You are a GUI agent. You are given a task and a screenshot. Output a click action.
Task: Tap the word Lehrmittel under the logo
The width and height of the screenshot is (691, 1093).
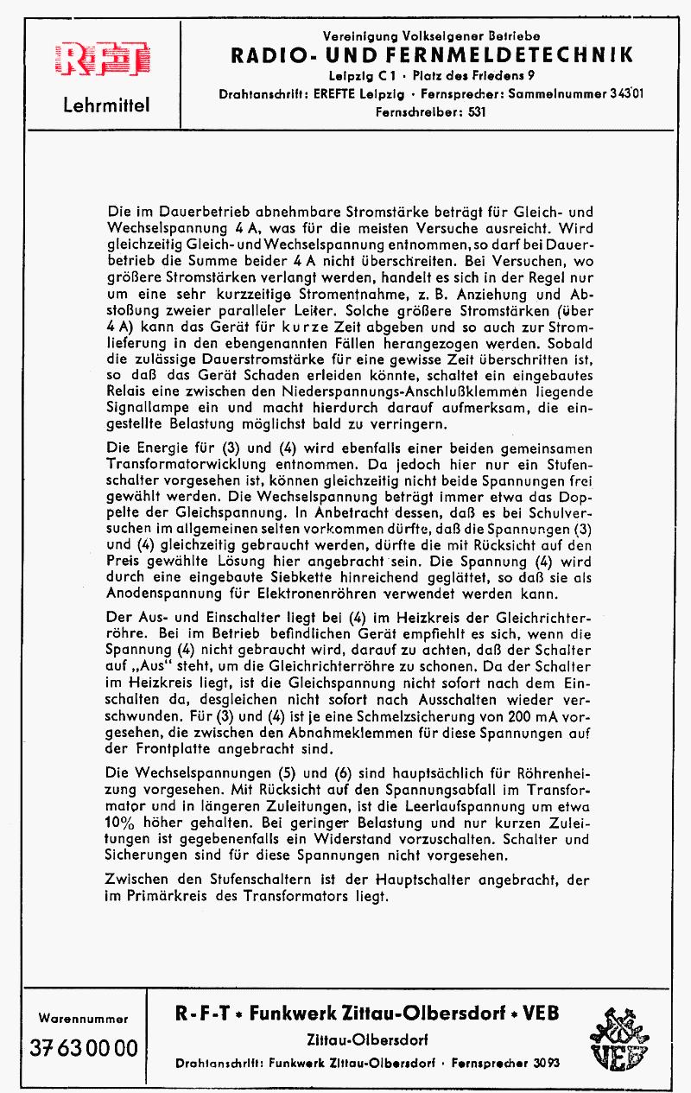106,106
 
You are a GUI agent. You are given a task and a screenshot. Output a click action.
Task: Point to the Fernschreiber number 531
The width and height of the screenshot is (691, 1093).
478,111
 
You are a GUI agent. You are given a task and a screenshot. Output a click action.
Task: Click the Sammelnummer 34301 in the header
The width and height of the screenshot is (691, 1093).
618,92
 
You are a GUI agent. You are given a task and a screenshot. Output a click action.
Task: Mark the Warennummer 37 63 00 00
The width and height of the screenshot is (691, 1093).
84,1048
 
